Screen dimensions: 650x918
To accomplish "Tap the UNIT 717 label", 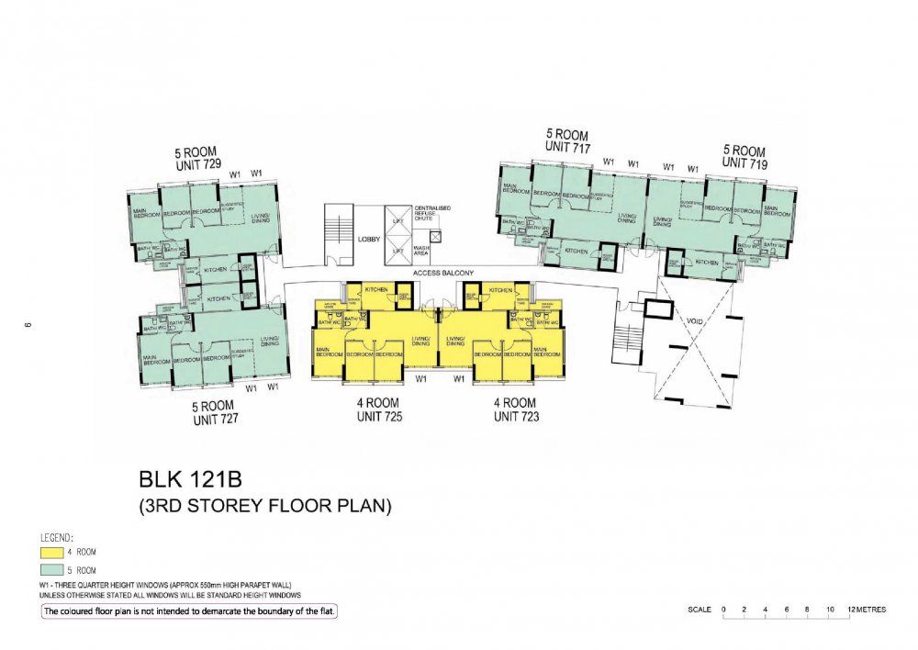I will [566, 147].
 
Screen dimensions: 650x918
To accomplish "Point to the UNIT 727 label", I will [216, 419].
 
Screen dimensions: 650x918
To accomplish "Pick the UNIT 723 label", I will [515, 416].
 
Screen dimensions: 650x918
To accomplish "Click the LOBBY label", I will [369, 239].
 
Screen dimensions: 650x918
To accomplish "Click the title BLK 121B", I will [193, 479].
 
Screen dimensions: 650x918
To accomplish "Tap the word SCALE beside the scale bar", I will [699, 610].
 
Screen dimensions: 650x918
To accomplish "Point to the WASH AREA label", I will [422, 251].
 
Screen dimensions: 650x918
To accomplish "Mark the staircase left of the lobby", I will [337, 236].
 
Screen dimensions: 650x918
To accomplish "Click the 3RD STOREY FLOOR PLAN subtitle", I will [265, 505].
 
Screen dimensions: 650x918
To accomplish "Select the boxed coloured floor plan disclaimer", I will [188, 611].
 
